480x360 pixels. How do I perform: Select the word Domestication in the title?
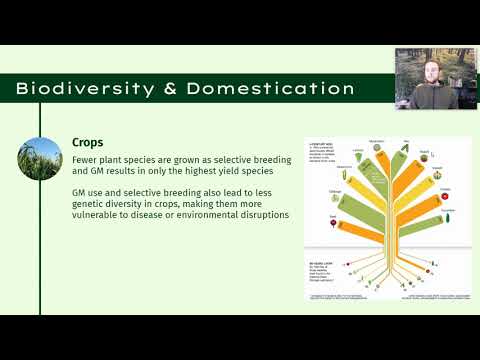coord(271,89)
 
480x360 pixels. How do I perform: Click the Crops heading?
coord(88,143)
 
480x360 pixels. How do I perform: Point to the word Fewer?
coord(87,159)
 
